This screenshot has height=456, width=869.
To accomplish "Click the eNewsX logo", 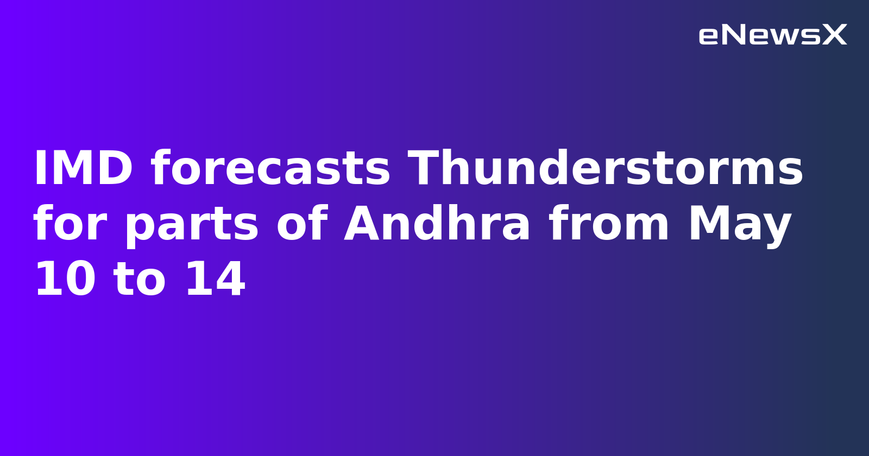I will tap(772, 35).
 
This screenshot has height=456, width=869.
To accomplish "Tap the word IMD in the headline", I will tap(83, 169).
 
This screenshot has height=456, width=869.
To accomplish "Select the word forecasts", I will tap(270, 169).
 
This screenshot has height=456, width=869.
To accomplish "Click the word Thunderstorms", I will tap(605, 169).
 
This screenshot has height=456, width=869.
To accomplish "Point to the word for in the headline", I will tap(69, 225).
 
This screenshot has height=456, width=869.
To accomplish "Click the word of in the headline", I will tap(301, 225).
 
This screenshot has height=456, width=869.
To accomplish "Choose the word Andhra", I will tap(437, 225).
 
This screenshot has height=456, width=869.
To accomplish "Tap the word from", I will tap(609, 225).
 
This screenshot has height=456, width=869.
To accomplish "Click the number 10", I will tap(65, 280).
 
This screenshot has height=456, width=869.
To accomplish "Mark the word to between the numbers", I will tap(139, 280).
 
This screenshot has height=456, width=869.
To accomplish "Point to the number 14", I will tap(215, 280).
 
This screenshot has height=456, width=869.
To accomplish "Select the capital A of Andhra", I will tap(365, 225).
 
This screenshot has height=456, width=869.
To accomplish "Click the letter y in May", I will tap(774, 228).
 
